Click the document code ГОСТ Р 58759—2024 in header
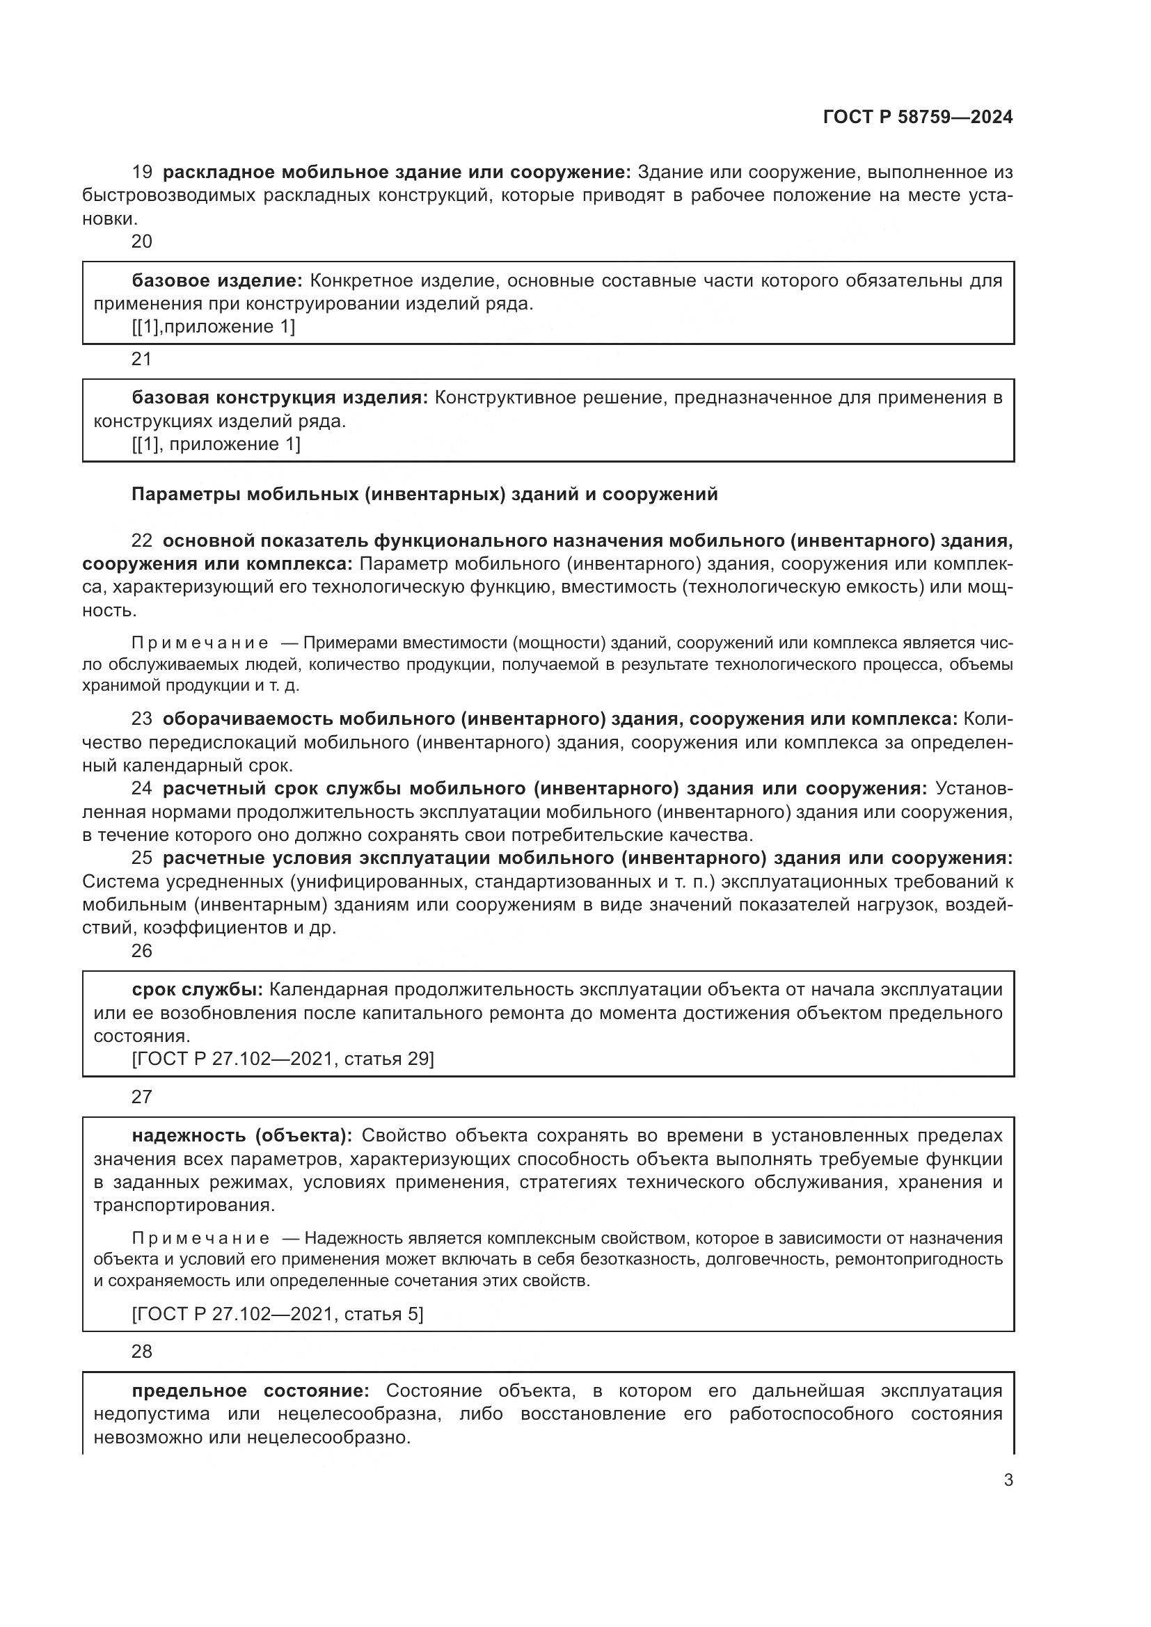(918, 118)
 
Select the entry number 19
(142, 173)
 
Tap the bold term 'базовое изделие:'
(217, 280)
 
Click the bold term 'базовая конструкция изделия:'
(280, 398)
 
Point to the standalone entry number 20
(142, 241)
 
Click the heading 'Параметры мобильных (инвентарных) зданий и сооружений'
(424, 494)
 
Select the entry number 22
(142, 540)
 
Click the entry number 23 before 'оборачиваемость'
(142, 719)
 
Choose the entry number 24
(142, 788)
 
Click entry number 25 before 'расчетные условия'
(142, 858)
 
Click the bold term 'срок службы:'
(197, 989)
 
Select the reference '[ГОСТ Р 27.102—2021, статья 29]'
(283, 1059)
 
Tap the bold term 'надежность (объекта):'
(241, 1135)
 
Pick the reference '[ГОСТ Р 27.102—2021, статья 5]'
(277, 1314)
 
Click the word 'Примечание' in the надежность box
(200, 1238)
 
